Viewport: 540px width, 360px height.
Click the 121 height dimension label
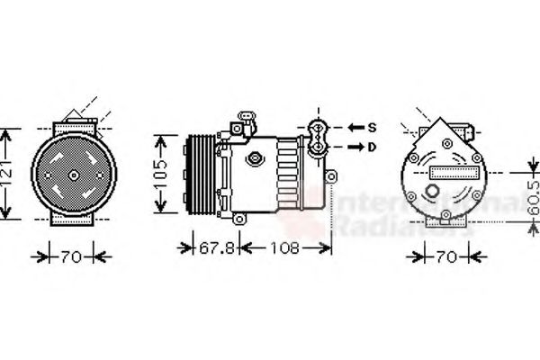pos(8,175)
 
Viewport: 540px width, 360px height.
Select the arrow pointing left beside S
pos(354,127)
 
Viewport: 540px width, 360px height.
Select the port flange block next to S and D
pos(319,137)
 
